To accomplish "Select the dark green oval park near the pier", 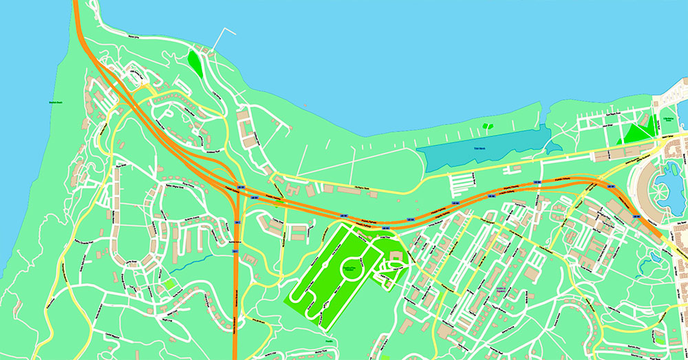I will pyautogui.click(x=195, y=64).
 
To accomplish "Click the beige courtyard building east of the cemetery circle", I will pyautogui.click(x=396, y=259).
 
